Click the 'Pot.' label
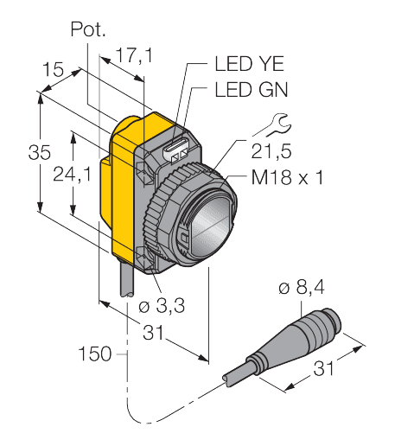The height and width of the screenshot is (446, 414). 88,29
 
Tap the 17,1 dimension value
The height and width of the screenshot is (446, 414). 135,55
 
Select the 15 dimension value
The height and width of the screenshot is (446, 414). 53,69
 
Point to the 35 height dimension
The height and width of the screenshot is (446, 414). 40,152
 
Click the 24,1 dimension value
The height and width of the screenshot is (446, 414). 72,175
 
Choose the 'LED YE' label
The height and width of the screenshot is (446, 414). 250,64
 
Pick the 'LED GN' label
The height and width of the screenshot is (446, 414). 252,90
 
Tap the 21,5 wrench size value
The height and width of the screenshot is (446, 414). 271,151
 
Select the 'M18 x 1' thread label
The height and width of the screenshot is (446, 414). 287,177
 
